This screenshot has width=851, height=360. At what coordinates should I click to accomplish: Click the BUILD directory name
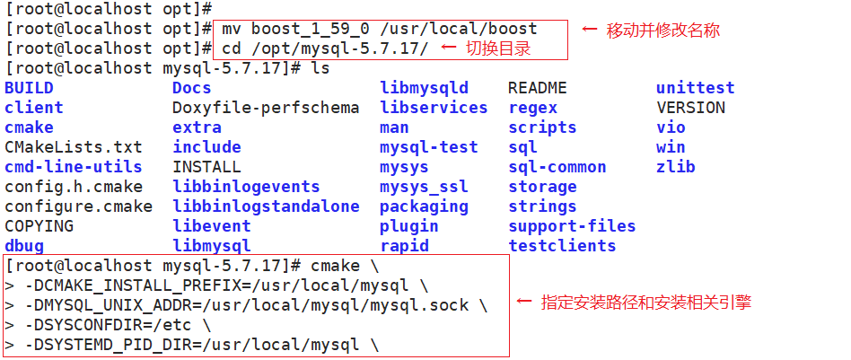click(29, 88)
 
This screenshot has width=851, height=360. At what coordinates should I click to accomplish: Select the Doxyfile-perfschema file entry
click(266, 108)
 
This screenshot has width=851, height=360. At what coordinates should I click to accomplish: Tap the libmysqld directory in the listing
click(425, 88)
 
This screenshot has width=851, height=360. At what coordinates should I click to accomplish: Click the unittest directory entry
click(695, 88)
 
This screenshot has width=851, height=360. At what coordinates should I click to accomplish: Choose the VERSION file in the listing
click(690, 108)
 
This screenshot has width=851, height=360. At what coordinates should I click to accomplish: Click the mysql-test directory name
click(429, 147)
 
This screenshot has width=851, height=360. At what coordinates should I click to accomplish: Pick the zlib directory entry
click(675, 167)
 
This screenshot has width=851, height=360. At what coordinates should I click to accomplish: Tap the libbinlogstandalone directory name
click(266, 206)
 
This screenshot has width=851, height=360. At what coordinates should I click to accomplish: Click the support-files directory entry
click(572, 226)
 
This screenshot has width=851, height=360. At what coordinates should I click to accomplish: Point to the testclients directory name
click(562, 246)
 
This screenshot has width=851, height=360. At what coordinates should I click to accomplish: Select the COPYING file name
click(39, 226)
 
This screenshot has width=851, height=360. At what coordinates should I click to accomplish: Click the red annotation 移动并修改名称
click(663, 31)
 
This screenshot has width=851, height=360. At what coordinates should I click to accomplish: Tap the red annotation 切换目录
click(499, 48)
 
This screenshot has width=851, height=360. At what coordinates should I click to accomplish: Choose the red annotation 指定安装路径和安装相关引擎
click(645, 303)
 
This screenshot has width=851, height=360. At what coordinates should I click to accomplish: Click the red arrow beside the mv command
click(590, 30)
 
